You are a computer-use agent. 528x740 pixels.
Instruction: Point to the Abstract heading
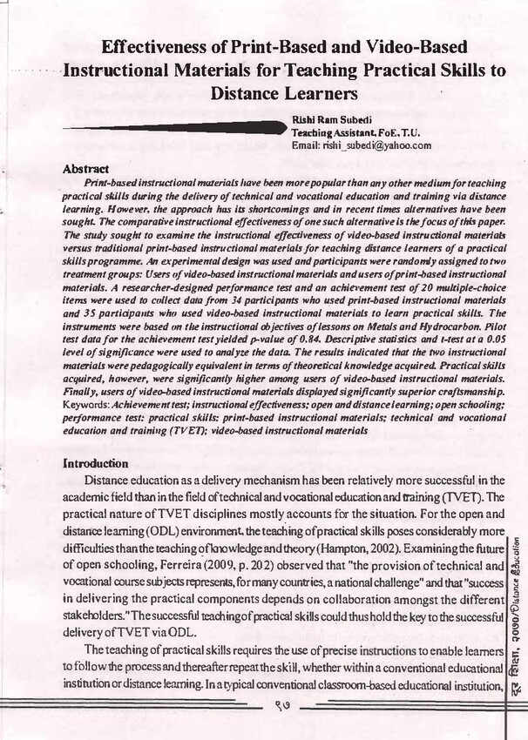(x=86, y=168)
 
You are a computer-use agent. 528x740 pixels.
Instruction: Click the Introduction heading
(x=96, y=463)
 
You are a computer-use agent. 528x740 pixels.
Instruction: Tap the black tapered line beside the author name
(x=174, y=130)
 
